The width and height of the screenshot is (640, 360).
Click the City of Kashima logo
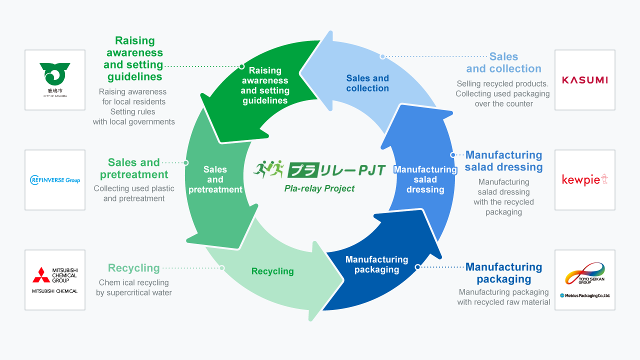[55, 79]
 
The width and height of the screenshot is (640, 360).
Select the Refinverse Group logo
[55, 180]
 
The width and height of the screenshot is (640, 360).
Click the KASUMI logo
[584, 80]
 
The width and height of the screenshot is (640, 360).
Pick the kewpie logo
[584, 179]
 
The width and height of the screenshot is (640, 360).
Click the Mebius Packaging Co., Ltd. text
[584, 295]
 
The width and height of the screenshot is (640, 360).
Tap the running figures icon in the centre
[268, 169]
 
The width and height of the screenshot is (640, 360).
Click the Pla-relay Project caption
[319, 188]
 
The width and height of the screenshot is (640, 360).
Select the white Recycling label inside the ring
[272, 271]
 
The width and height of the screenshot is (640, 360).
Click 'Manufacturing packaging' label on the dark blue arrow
[376, 264]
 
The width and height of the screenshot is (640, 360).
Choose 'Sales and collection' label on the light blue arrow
[367, 83]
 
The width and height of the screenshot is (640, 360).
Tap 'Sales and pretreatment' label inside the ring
[215, 179]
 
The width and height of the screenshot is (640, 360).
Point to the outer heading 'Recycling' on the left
[134, 268]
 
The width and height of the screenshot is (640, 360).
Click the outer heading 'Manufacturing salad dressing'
[503, 161]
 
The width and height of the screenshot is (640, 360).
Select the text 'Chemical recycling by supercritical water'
[134, 287]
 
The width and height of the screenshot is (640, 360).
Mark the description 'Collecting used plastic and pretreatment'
[134, 193]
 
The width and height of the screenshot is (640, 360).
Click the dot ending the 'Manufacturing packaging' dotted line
[417, 267]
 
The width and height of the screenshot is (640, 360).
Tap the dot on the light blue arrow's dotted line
[382, 56]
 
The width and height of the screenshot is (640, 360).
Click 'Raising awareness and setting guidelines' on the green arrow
[265, 85]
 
